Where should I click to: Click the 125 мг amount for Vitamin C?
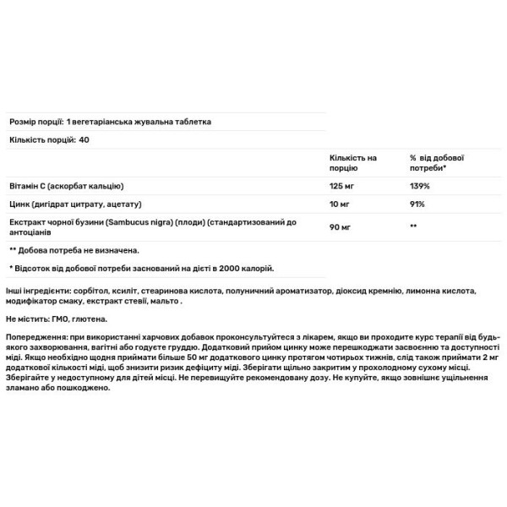[341, 186]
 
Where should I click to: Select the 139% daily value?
[421, 186]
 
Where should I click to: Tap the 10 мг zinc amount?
[338, 204]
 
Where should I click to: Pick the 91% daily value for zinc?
[418, 204]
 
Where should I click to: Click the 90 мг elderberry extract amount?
[338, 227]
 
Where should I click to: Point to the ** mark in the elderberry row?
[414, 227]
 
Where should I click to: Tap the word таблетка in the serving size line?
[191, 122]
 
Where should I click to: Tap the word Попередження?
[35, 336]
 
